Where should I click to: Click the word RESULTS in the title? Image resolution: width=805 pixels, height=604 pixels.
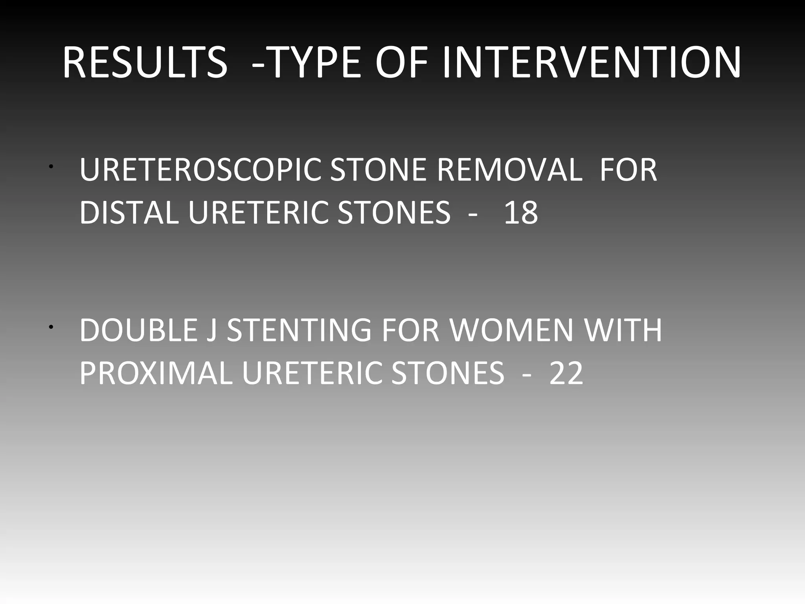[x=145, y=63]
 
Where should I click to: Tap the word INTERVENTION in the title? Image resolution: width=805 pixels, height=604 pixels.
[x=592, y=63]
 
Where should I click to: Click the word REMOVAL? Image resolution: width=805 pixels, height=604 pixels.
[x=509, y=170]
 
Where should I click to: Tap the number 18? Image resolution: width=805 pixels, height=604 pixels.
[x=520, y=212]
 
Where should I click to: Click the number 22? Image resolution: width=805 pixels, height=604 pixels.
[x=566, y=373]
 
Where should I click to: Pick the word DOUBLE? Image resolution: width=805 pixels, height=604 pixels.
[x=139, y=330]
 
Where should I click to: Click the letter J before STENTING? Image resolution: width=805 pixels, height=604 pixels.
[x=212, y=330]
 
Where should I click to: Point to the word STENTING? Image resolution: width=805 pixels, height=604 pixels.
[x=299, y=330]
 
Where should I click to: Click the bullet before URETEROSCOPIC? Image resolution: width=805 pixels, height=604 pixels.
[x=51, y=167]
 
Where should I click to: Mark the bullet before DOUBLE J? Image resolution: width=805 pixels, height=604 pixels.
[x=51, y=327]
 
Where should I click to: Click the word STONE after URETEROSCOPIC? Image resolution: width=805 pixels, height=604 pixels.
[x=378, y=170]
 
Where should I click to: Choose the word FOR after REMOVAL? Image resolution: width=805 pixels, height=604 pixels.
[x=628, y=170]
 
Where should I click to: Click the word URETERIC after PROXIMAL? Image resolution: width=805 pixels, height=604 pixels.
[x=312, y=373]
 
